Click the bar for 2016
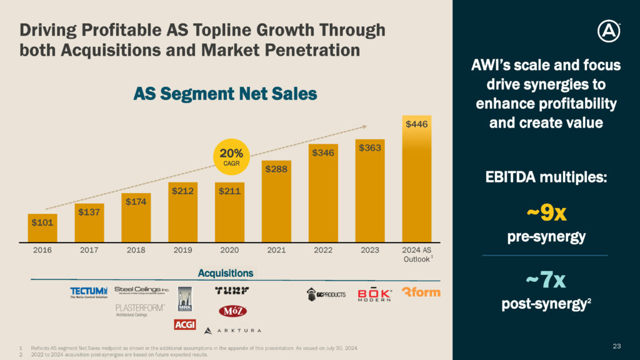tap(42, 227)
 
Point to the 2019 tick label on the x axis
tap(183, 250)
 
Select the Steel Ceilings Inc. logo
tap(142, 289)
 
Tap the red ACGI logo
tap(185, 324)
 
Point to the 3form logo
tap(421, 292)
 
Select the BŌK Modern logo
tap(375, 294)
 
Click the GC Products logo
tap(326, 294)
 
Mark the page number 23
tap(617, 346)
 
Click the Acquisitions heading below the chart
tap(226, 273)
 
